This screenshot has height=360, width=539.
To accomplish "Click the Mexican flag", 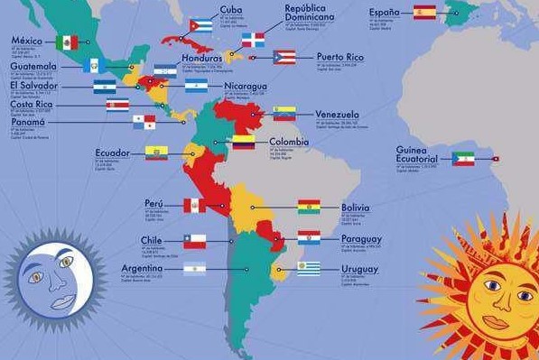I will click(67, 42).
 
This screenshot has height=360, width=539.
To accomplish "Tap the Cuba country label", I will click(231, 10).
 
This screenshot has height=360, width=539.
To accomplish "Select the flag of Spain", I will click(424, 13).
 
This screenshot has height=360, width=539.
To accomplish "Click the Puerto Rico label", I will click(340, 57).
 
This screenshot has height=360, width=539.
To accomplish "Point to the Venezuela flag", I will click(284, 114).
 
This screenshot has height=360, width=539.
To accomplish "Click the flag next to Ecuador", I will click(156, 152).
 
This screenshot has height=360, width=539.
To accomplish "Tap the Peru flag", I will click(195, 206).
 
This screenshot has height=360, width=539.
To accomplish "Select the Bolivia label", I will click(355, 208).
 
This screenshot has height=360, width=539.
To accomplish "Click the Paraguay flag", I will click(310, 237).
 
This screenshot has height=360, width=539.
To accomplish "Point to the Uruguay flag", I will click(309, 268).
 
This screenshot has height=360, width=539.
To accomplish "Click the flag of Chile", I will click(195, 241).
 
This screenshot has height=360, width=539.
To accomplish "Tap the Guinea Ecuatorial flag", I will click(463, 159).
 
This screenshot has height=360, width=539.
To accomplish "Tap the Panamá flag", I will click(144, 122).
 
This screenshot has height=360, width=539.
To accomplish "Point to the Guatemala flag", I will click(94, 66).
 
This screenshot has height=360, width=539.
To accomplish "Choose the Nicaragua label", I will click(246, 87).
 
